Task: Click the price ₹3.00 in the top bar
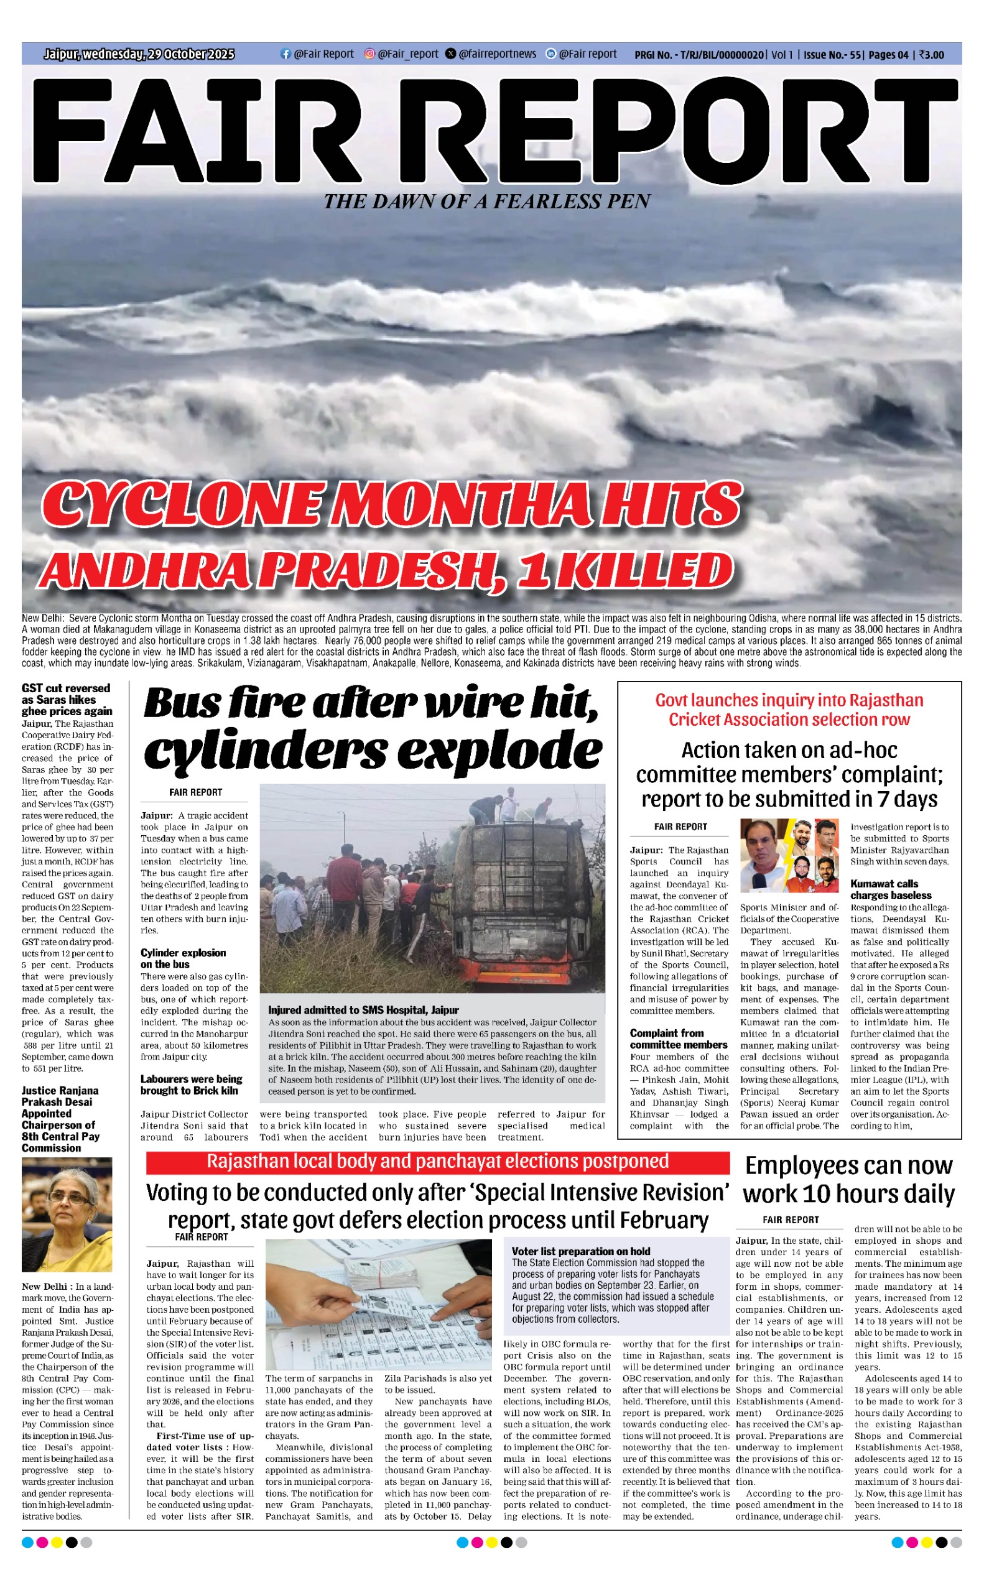tap(931, 55)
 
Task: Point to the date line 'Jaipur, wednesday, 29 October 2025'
tap(139, 54)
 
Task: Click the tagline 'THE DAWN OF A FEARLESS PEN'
tap(487, 201)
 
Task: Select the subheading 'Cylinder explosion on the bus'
tap(183, 958)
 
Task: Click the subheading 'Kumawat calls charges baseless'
tap(891, 889)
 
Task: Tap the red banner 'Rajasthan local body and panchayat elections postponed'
tap(437, 1162)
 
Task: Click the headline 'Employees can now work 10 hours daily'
tap(848, 1180)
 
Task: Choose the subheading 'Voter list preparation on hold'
tap(580, 1251)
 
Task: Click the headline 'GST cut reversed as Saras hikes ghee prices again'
tap(67, 700)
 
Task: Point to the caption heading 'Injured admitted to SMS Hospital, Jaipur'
tap(363, 1011)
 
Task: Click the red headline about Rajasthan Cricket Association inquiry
tap(789, 710)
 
